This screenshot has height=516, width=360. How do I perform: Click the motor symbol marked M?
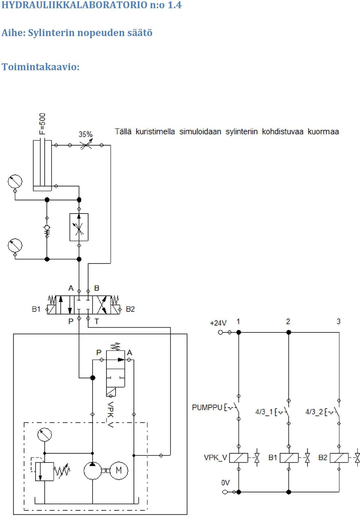pos(118,470)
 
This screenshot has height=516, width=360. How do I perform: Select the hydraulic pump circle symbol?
pos(93,470)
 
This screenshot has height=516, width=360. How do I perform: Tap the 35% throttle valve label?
pos(85,134)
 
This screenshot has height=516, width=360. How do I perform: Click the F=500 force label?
pos(42,124)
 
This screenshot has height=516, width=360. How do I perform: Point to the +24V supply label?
pos(218,323)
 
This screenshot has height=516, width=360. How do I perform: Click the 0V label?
pos(226,483)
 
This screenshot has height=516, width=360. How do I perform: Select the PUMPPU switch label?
pos(207,407)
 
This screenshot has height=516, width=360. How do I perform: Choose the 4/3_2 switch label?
pos(314,412)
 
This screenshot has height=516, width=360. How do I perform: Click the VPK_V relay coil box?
pos(239,458)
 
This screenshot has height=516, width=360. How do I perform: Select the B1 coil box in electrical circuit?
pos(289,458)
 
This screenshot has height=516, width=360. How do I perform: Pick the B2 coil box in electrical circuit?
pos(339,458)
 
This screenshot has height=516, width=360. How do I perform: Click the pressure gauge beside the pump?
pos(44,435)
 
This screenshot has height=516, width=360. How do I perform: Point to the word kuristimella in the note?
pos(155,132)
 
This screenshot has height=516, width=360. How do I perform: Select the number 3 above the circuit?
pos(338,321)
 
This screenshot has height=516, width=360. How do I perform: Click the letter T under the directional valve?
pos(97,321)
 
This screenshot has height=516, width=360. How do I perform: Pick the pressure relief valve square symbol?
pos(44,471)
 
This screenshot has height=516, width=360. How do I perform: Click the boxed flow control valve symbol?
pos(79,227)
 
